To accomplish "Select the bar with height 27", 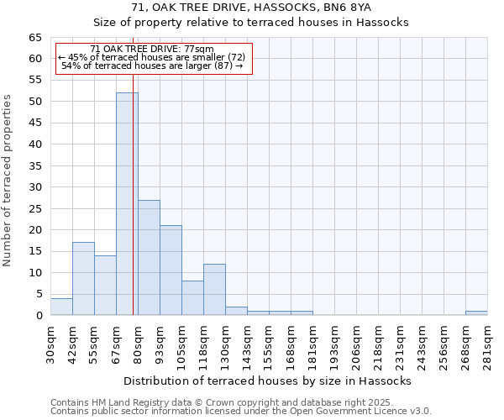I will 149,257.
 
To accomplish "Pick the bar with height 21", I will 171,270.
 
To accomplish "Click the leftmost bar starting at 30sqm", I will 61,307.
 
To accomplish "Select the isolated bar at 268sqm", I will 476,313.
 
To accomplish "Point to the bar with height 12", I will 214,290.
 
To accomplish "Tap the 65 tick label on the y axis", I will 34,38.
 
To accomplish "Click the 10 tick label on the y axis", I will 34,273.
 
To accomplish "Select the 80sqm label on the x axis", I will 139,344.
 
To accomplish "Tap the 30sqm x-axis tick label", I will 51,344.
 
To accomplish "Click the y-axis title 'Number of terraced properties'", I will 8,180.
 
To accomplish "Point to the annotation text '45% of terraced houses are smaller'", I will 151,57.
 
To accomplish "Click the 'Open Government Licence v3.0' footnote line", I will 241,412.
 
